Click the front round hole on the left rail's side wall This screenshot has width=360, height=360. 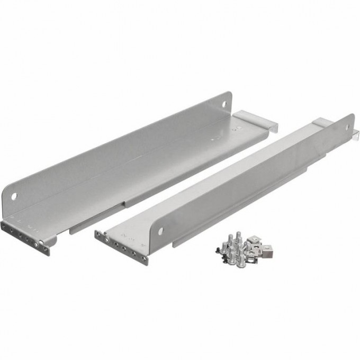[x=14, y=196]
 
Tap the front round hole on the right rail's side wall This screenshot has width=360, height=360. [x=160, y=230]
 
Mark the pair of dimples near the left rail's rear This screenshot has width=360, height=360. [x=217, y=138]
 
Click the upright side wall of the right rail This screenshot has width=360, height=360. [x=254, y=185]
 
